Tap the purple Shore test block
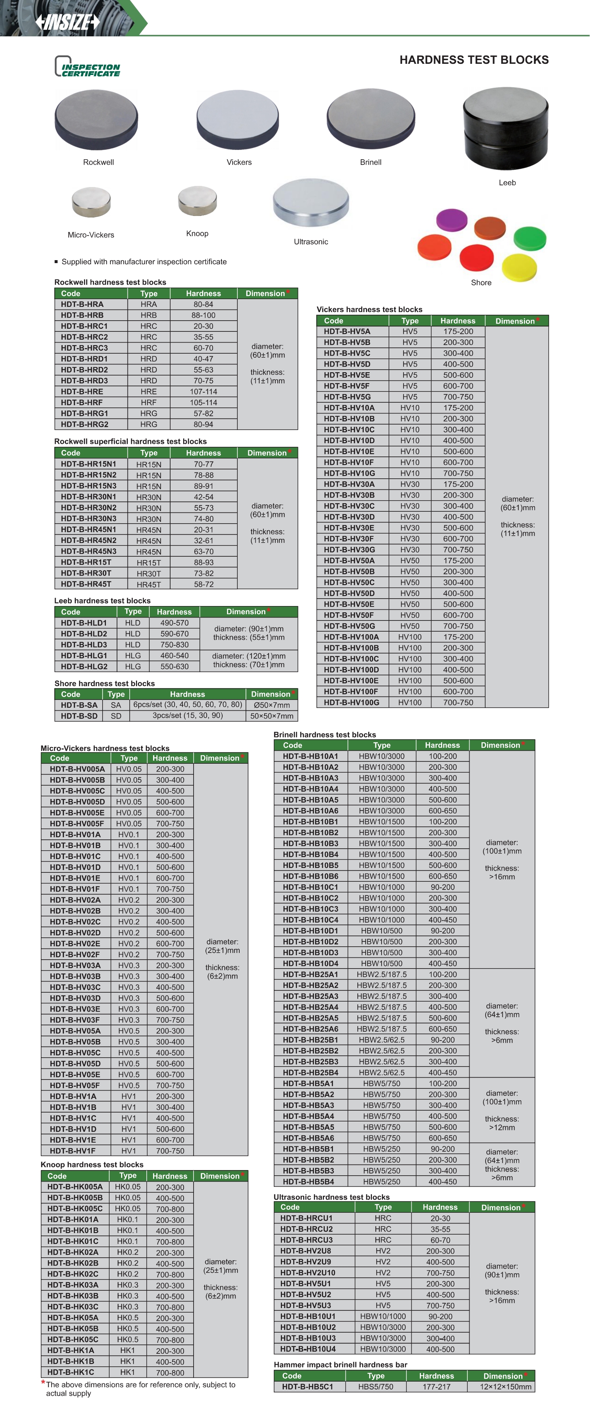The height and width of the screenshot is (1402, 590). pos(452,220)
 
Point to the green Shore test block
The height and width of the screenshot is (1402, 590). pos(529,238)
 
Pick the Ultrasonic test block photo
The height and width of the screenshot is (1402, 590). pos(311,203)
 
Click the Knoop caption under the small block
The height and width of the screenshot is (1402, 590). pos(197,233)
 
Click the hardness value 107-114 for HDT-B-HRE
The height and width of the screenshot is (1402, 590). pos(203,391)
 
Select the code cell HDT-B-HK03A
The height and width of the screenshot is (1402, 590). pos(72,1285)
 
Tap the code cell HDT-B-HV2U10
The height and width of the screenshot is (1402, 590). pos(307,1272)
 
